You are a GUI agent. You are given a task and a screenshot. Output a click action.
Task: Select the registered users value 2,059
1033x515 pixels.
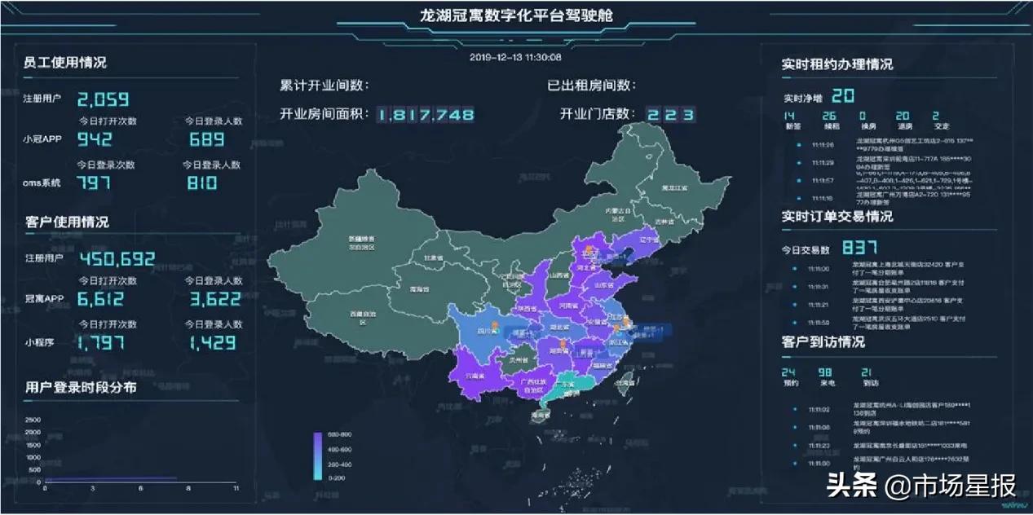pyautogui.click(x=103, y=99)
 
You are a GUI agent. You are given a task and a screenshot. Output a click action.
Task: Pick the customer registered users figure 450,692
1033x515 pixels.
pyautogui.click(x=117, y=259)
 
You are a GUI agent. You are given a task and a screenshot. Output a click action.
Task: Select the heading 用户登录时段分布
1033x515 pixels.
pyautogui.click(x=81, y=388)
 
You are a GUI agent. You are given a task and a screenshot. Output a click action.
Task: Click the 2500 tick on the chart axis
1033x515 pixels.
pyautogui.click(x=33, y=420)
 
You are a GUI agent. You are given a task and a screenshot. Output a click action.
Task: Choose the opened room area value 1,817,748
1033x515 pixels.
pyautogui.click(x=426, y=115)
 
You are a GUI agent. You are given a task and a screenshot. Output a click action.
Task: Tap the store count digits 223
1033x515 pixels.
pyautogui.click(x=670, y=115)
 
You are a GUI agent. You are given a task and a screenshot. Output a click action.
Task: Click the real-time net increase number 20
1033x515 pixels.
pyautogui.click(x=842, y=96)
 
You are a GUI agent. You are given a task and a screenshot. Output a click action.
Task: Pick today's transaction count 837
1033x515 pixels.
pyautogui.click(x=859, y=248)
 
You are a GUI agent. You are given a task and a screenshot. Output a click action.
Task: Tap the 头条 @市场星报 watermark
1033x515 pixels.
pyautogui.click(x=921, y=487)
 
